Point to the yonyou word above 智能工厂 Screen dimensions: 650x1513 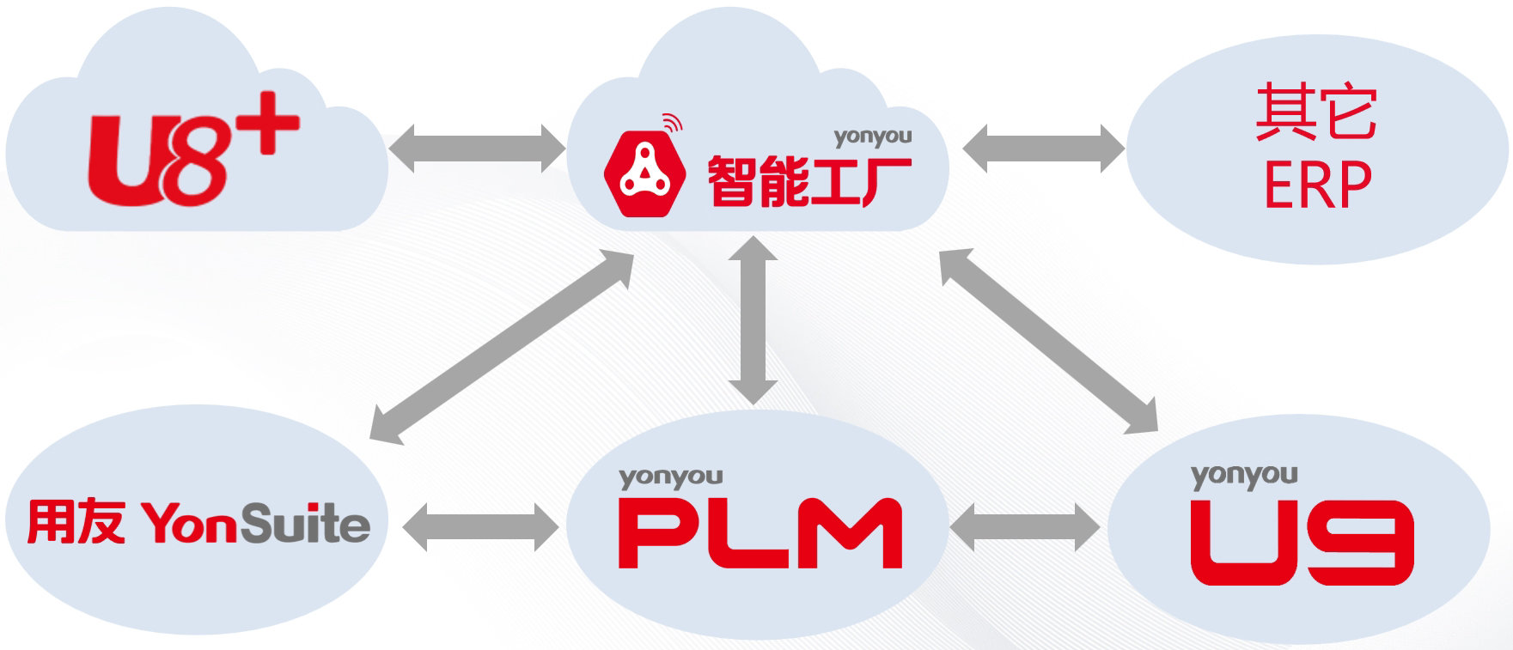pos(872,136)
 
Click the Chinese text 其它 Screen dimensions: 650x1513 pos(1316,112)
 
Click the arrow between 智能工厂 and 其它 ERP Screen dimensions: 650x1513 pos(1043,148)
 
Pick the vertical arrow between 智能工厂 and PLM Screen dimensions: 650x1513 pos(753,319)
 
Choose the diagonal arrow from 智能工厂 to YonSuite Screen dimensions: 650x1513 pos(502,347)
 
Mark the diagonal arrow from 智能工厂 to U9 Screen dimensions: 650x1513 pos(1048,340)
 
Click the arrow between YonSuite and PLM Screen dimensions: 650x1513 pos(480,525)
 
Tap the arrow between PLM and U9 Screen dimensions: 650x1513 pos(1025,525)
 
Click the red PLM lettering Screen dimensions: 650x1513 pos(760,533)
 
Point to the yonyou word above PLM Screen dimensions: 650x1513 pos(670,477)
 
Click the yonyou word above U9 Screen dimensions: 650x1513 pos(1243,476)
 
